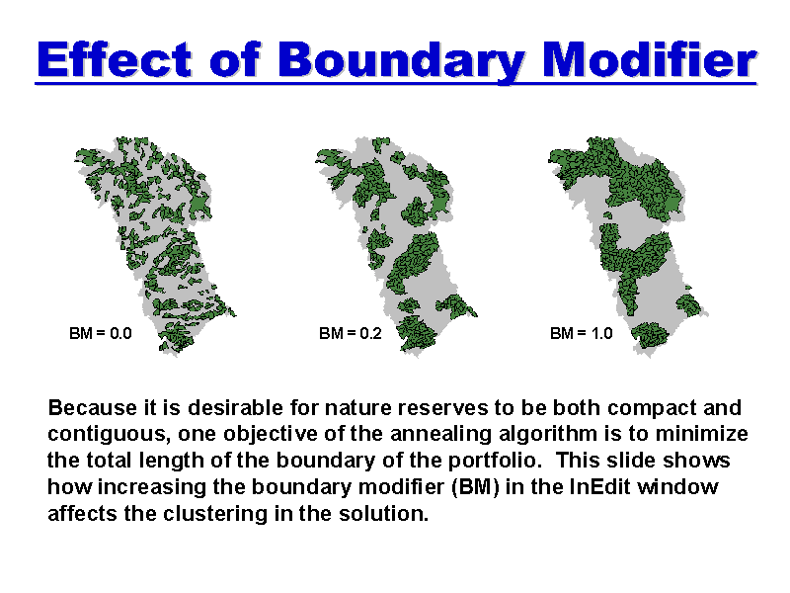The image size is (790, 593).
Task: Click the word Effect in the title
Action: click(x=115, y=59)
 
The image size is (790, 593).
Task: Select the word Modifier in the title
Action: click(x=650, y=58)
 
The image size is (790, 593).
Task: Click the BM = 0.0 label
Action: click(x=101, y=333)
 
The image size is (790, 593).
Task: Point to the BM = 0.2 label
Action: click(x=351, y=333)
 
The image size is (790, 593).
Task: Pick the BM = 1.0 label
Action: click(x=581, y=333)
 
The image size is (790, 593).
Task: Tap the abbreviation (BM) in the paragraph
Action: click(x=475, y=487)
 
